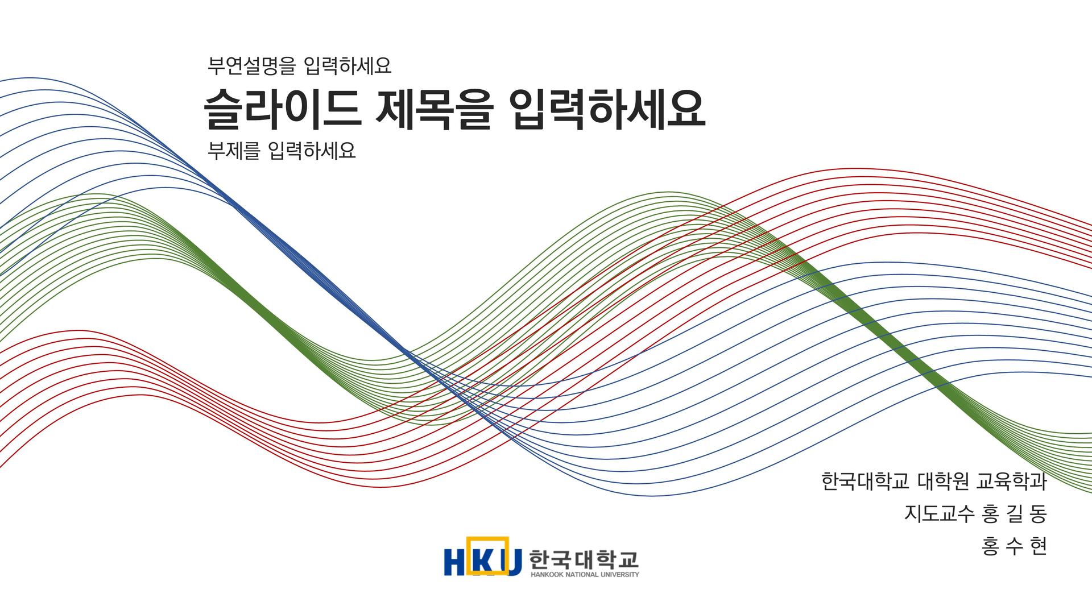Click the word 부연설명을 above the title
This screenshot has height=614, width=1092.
(x=251, y=66)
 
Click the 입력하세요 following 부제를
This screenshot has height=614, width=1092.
(x=312, y=151)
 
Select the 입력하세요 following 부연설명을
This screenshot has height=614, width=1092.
(x=348, y=66)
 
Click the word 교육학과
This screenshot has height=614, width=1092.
(x=1011, y=482)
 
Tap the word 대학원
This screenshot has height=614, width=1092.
(x=943, y=482)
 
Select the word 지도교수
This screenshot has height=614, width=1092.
(x=940, y=514)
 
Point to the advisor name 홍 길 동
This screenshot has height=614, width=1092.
(x=1015, y=514)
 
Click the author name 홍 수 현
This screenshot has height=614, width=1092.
(x=1015, y=547)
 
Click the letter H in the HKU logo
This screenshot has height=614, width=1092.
(x=456, y=562)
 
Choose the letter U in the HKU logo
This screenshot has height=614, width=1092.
(x=511, y=562)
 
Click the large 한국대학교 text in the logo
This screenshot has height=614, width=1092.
(x=584, y=560)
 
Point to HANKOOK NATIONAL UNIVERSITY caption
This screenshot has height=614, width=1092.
(x=585, y=574)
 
